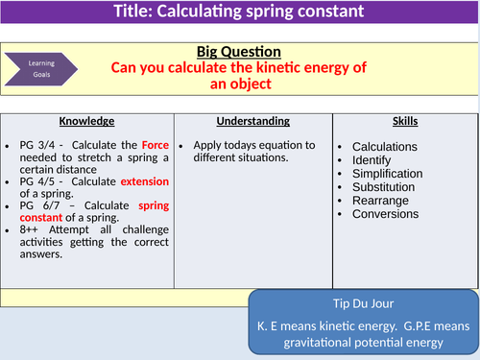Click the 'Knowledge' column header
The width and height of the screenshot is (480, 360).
pos(87,122)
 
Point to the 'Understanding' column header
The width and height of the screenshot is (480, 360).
pos(253,122)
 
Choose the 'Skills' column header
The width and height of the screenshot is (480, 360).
pos(405,122)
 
